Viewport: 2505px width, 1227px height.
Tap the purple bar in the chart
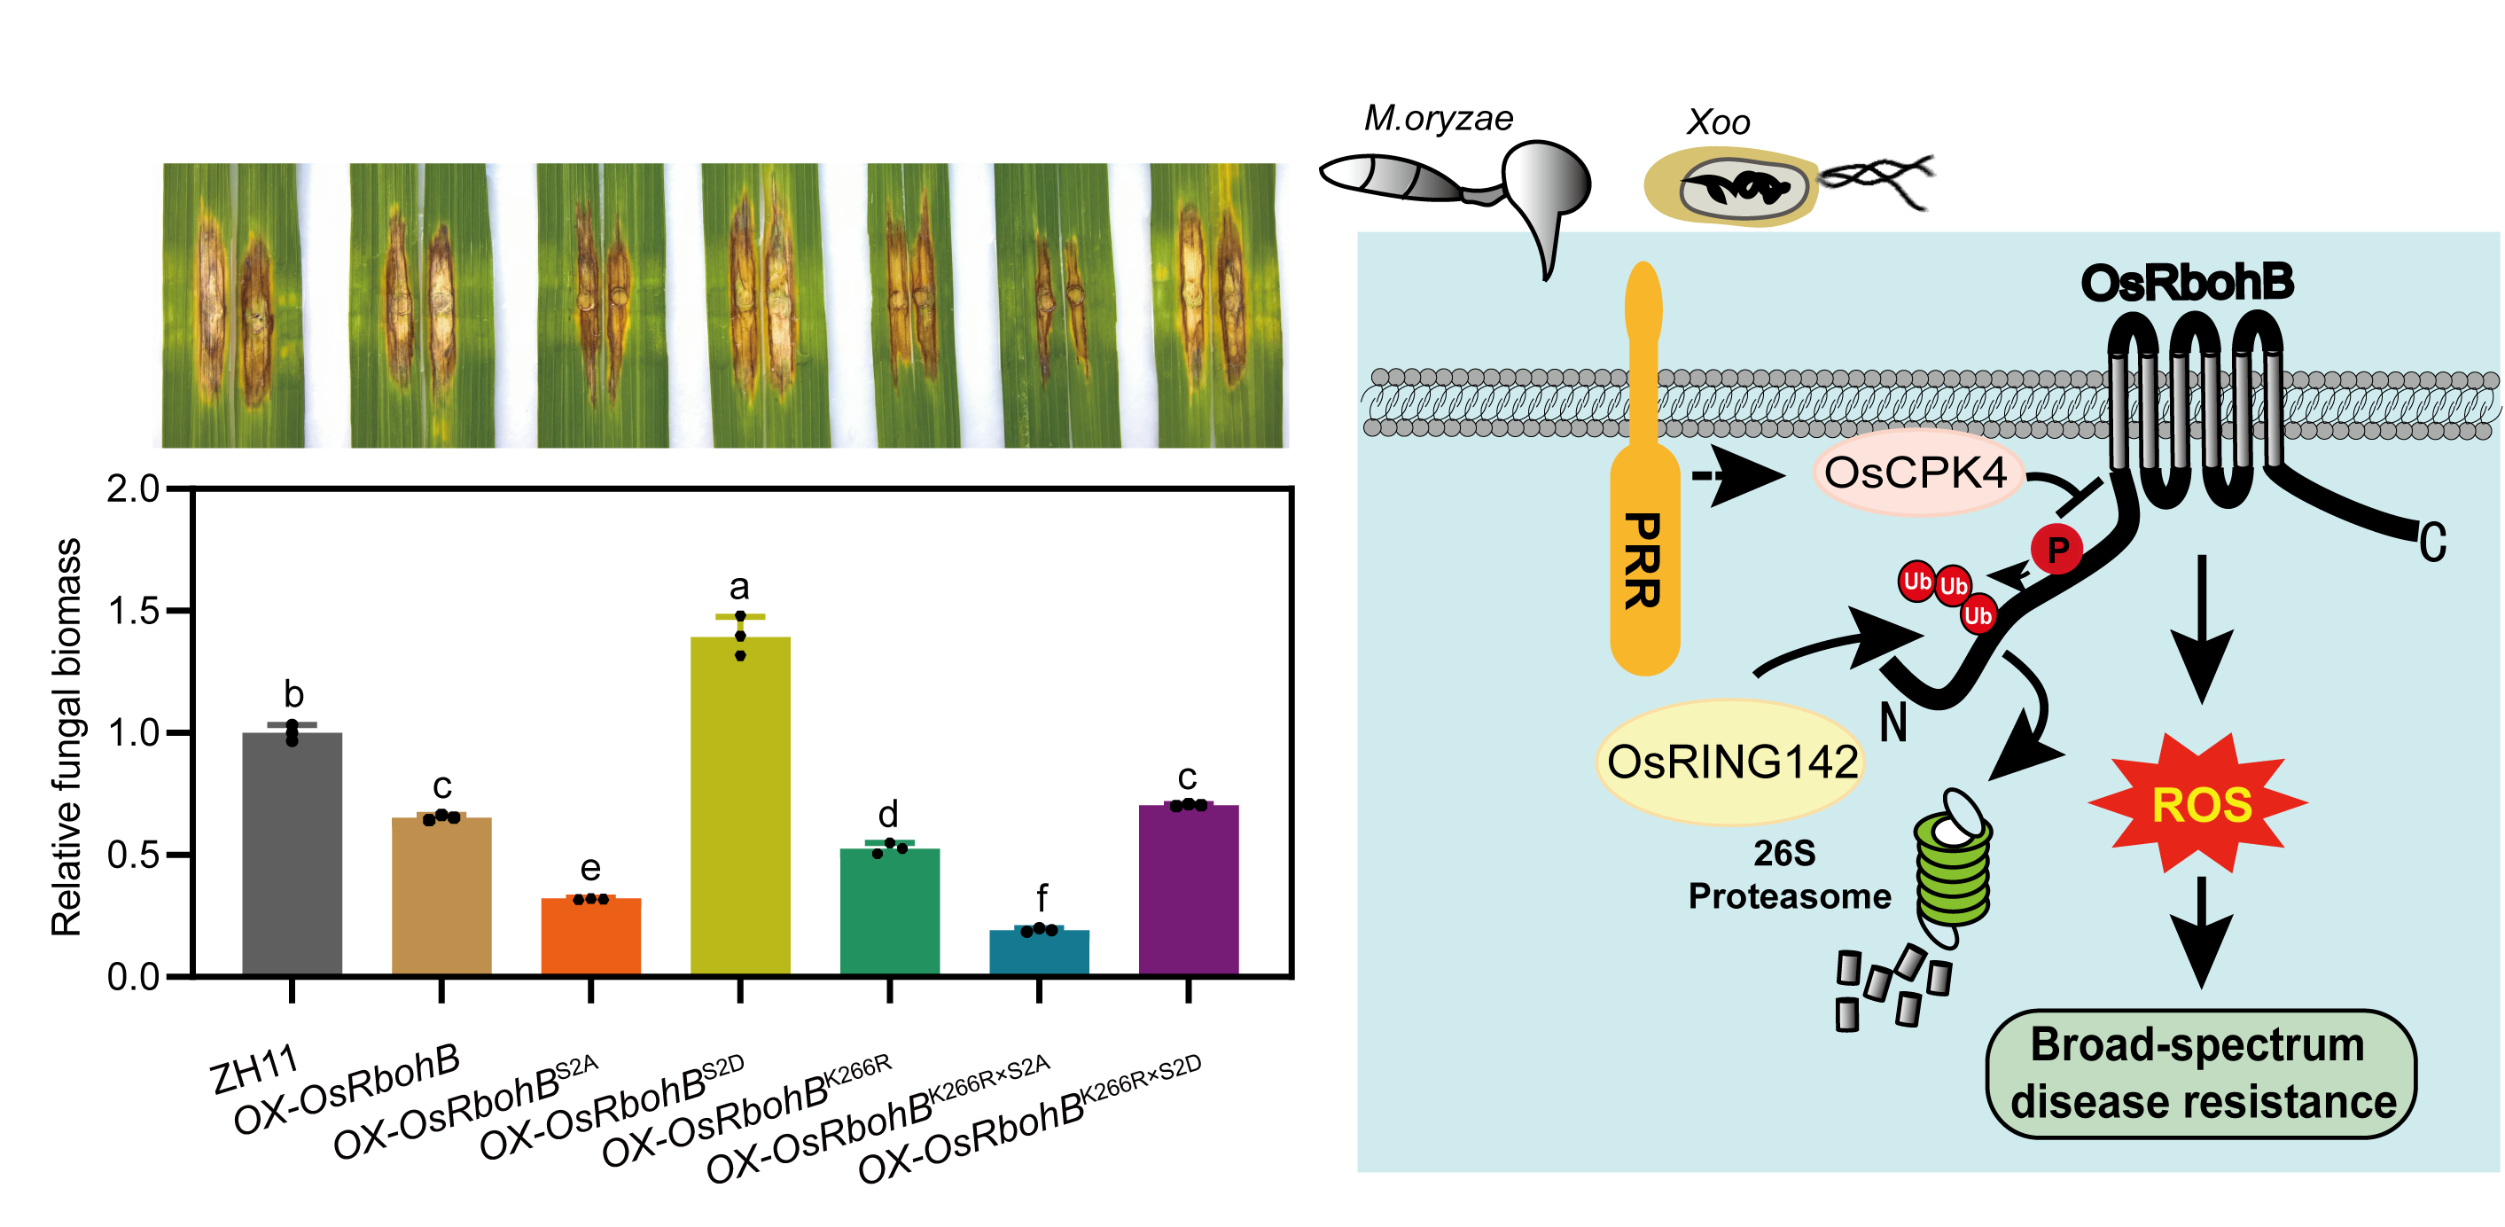coord(1189,888)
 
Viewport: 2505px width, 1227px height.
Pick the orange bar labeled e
coord(590,935)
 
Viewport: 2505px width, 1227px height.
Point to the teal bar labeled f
coord(1039,952)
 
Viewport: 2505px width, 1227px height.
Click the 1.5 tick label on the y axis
coord(133,612)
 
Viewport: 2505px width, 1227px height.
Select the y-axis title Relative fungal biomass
coord(66,737)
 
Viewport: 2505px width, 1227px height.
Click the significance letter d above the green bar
coord(888,813)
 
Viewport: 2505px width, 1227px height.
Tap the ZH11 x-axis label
coord(253,1070)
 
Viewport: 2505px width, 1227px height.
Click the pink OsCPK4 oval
coord(1916,473)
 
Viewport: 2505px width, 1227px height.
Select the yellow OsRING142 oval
coord(1731,762)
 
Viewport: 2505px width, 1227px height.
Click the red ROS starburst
coord(2201,805)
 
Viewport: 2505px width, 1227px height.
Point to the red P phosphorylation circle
coord(2056,551)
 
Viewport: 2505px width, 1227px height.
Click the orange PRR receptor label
coord(1643,561)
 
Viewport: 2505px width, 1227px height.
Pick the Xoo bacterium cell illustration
coord(1732,187)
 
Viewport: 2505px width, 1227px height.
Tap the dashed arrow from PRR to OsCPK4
coord(1736,476)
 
